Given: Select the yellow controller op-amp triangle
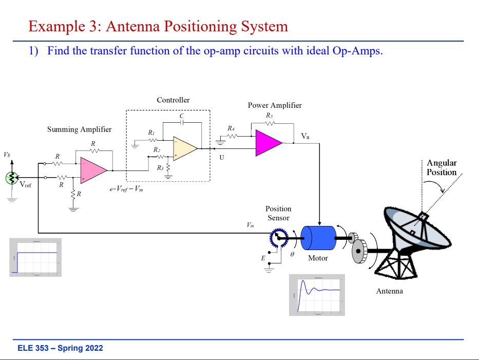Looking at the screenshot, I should [184, 148].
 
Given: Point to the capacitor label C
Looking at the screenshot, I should [181, 116].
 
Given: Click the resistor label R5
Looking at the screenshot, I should [270, 116].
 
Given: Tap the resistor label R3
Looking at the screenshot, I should [161, 167].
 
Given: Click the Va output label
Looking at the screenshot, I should [305, 136].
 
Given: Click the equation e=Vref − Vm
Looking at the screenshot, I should [126, 188].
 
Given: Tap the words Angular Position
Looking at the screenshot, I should [442, 167].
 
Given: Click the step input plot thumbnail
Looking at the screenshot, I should [35, 257].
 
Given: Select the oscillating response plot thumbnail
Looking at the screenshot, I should [317, 294].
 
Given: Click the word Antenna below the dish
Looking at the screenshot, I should [390, 291].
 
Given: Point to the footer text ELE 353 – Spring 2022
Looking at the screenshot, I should [60, 348].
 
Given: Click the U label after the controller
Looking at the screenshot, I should [222, 157].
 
